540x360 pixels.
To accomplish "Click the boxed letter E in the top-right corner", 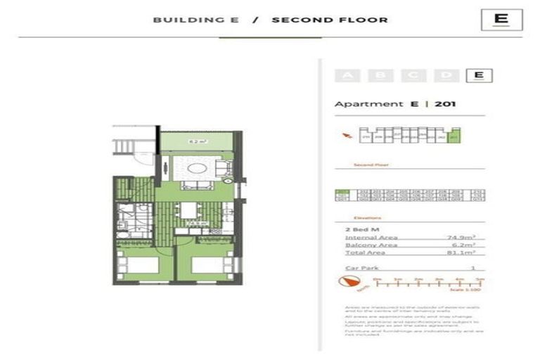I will coord(501,19).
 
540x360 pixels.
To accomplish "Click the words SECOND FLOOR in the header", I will coord(329,20).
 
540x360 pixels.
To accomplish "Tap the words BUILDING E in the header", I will coord(195,20).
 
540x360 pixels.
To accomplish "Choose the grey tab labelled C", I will coord(413,76).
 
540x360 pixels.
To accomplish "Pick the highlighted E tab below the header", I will coord(478,76).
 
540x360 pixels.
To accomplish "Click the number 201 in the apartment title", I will coord(446,104).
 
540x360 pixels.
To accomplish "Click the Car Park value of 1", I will coord(472,268).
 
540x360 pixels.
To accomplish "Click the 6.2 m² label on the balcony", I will coord(197,142).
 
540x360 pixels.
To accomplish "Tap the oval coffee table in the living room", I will coord(196,169).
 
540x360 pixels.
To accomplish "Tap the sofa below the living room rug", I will coord(196,186).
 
